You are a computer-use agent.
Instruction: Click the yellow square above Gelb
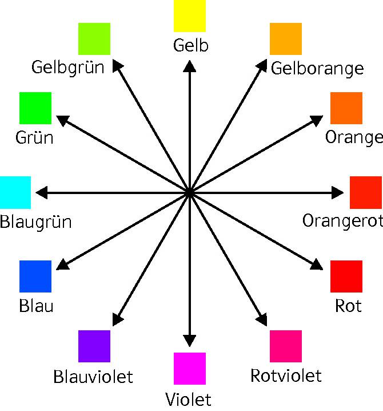point(190,16)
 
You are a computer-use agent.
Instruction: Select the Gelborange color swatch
point(286,39)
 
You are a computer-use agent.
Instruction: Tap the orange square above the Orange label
point(346,108)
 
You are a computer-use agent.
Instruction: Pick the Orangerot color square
point(366,193)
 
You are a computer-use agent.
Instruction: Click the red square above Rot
point(346,276)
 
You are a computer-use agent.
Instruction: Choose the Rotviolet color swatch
point(286,346)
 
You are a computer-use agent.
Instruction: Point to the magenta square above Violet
point(190,369)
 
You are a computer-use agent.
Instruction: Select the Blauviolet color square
point(94,346)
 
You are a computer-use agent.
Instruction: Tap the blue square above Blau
point(35,276)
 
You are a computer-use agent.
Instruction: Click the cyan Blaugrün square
point(15,193)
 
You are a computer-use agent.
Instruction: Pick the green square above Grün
point(35,108)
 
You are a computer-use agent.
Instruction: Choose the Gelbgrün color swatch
point(94,39)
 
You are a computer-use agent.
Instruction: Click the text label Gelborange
point(317,69)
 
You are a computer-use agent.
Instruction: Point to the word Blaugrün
point(36,222)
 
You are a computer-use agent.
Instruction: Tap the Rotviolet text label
point(286,376)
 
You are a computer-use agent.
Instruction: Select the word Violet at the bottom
point(188,399)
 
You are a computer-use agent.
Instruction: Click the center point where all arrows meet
point(189,193)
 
